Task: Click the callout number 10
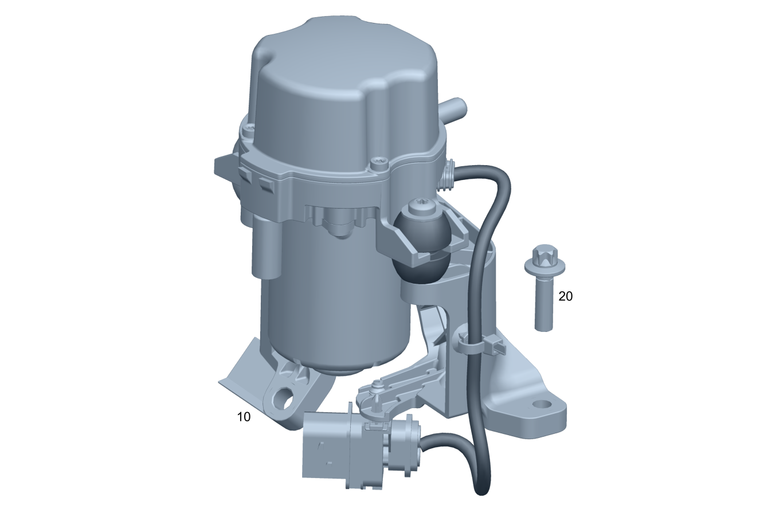click(244, 416)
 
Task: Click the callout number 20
click(565, 296)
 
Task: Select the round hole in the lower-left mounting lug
click(283, 397)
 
